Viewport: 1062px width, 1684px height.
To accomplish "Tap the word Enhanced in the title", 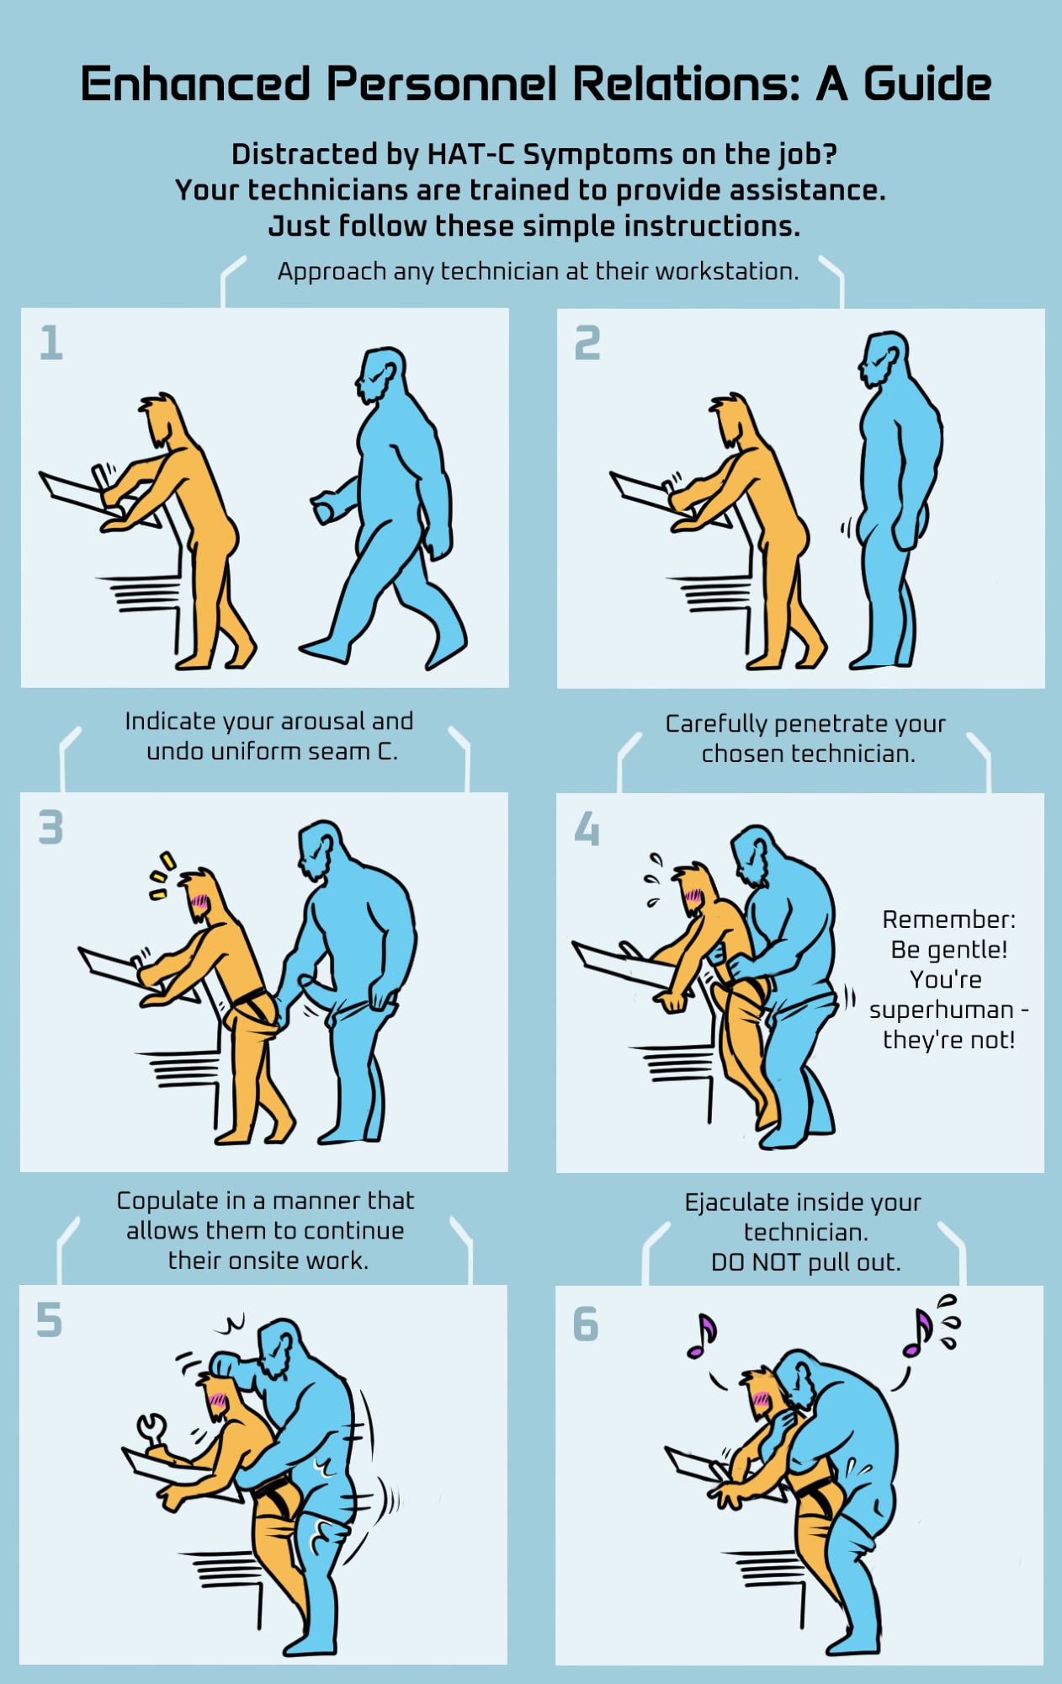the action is [195, 84].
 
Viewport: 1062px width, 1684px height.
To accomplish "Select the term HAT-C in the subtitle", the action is [471, 154].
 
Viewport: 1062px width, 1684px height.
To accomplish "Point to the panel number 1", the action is [51, 343].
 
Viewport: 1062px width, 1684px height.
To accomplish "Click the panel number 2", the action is [587, 343].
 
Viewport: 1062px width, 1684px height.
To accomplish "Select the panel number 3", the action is [51, 827].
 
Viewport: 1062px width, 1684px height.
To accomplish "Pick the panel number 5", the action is [49, 1319].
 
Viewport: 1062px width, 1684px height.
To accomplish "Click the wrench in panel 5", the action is [152, 1432].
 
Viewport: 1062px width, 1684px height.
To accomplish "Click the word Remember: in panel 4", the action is [949, 919].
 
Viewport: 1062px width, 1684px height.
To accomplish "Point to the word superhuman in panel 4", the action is [942, 1010].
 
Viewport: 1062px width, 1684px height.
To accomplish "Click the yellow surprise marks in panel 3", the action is [162, 876].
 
